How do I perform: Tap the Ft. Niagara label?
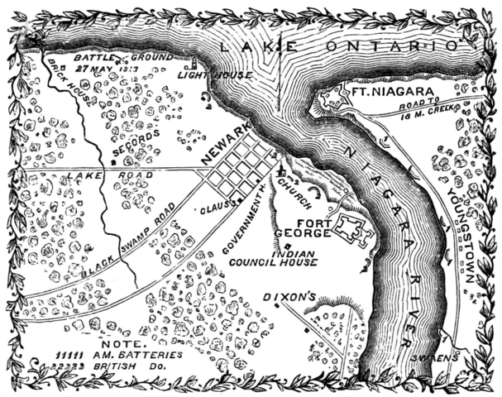[394, 92]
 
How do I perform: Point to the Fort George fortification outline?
[354, 229]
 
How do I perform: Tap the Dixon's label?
[284, 294]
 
